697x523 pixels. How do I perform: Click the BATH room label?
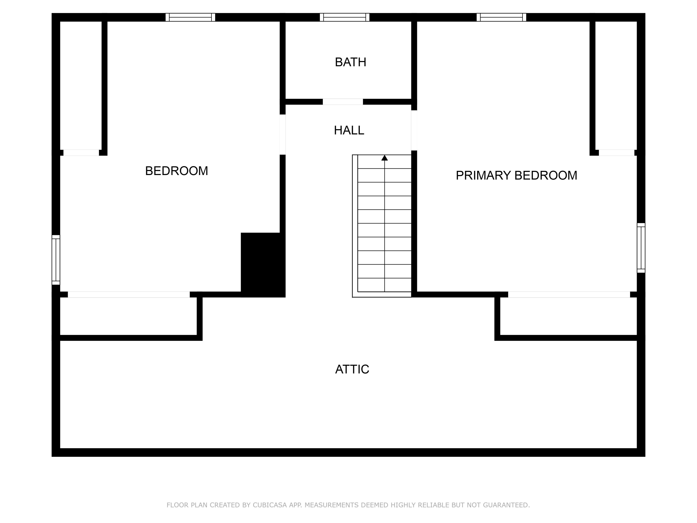click(x=350, y=62)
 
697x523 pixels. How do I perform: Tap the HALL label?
click(x=349, y=130)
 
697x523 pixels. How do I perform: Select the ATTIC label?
click(x=352, y=369)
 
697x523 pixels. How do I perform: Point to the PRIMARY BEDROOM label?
click(x=516, y=175)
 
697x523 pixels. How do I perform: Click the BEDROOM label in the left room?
click(x=176, y=171)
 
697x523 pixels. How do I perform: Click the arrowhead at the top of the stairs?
click(x=385, y=158)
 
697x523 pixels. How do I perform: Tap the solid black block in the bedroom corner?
click(x=263, y=265)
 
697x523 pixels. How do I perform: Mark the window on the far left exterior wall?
click(x=56, y=260)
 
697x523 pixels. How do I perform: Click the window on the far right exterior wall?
click(x=641, y=248)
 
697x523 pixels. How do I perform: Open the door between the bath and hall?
click(x=342, y=102)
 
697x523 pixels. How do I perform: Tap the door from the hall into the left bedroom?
click(x=283, y=134)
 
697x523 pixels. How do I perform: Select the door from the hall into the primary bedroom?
click(x=414, y=130)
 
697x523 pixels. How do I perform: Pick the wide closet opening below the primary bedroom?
click(x=569, y=295)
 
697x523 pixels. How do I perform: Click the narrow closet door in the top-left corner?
click(x=81, y=152)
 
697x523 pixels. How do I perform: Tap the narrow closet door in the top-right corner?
click(x=616, y=152)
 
